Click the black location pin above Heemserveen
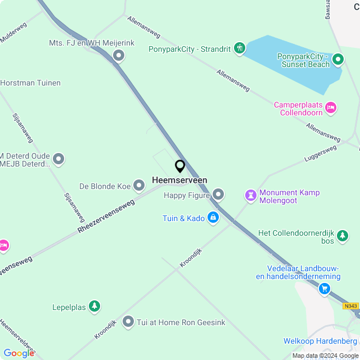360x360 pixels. pyautogui.click(x=180, y=166)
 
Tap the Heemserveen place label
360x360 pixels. pyautogui.click(x=179, y=180)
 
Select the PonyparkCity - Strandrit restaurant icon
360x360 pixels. pyautogui.click(x=240, y=49)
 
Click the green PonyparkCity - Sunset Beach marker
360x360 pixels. pyautogui.click(x=337, y=58)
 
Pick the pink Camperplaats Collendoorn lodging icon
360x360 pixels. pyautogui.click(x=331, y=107)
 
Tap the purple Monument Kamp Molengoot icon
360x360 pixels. pyautogui.click(x=250, y=195)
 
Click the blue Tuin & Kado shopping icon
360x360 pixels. pyautogui.click(x=213, y=218)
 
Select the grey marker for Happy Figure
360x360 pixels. pyautogui.click(x=218, y=195)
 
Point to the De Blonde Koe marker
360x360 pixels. pyautogui.click(x=139, y=186)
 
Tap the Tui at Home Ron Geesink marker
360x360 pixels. pyautogui.click(x=128, y=322)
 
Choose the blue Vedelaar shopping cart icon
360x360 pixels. pyautogui.click(x=325, y=289)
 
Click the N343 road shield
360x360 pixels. pyautogui.click(x=350, y=306)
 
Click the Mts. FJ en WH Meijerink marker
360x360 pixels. pyautogui.click(x=119, y=55)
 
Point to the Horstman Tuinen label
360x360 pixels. pyautogui.click(x=30, y=83)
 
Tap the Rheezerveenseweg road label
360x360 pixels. pyautogui.click(x=106, y=216)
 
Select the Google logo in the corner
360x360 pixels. pyautogui.click(x=19, y=353)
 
